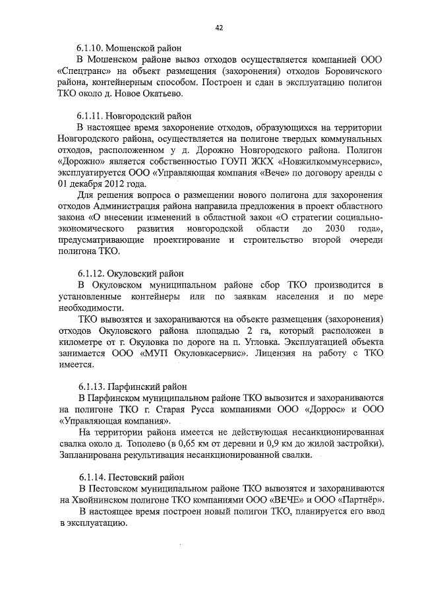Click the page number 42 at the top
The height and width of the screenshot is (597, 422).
click(219, 27)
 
